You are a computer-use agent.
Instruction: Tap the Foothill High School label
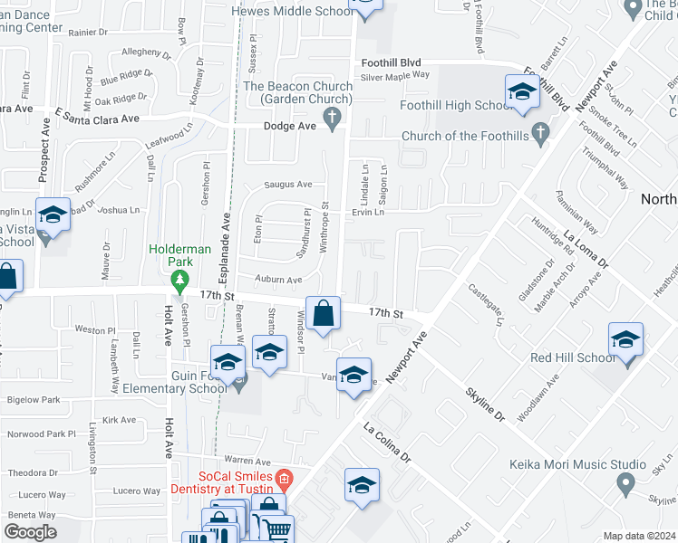[x=456, y=106]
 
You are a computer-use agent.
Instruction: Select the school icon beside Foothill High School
[x=522, y=92]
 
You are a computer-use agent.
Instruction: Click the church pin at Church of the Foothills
[x=541, y=136]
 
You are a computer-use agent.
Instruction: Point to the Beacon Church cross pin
[x=334, y=117]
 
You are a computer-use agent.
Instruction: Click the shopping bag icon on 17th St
[x=324, y=315]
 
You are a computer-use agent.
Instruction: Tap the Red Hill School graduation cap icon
[x=625, y=340]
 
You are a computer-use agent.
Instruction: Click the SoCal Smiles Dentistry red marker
[x=284, y=478]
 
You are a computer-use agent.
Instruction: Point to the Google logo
[x=30, y=532]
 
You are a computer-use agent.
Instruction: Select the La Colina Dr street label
[x=387, y=443]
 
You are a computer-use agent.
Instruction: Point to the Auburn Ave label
[x=277, y=281]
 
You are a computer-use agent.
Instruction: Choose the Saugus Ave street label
[x=287, y=185]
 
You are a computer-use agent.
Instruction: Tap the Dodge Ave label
[x=289, y=126]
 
